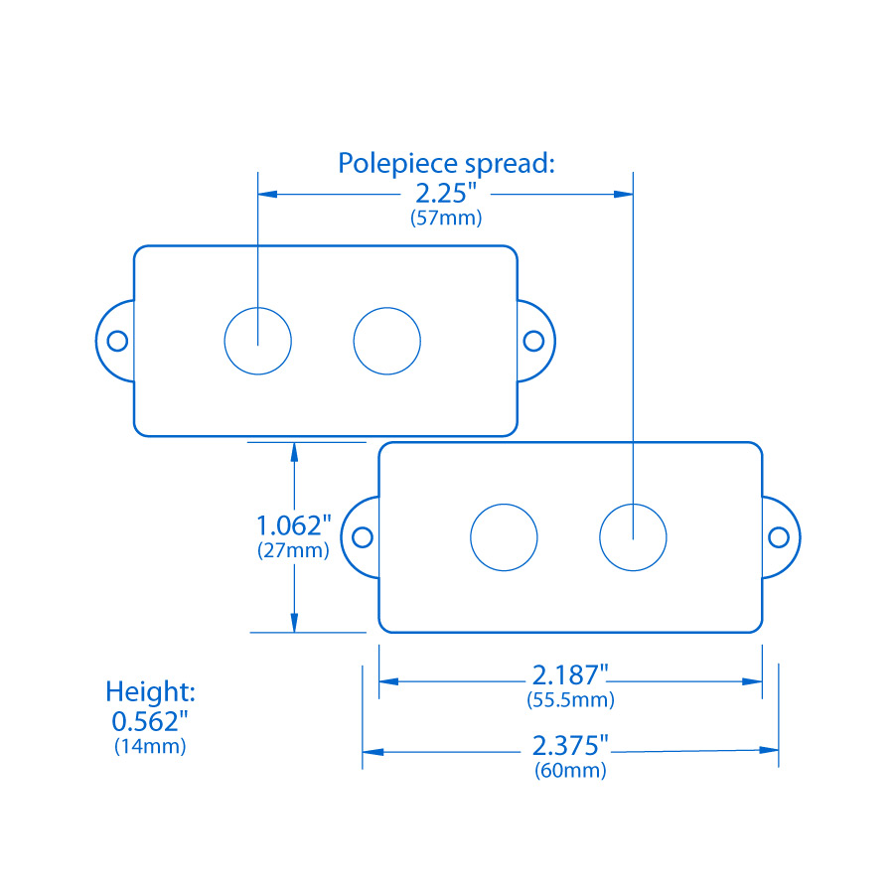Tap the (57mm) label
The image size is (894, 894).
[x=446, y=219]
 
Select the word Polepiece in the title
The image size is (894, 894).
[x=390, y=163]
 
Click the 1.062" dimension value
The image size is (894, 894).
[x=293, y=524]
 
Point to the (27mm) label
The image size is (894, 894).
[x=293, y=549]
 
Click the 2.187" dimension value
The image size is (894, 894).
[x=569, y=675]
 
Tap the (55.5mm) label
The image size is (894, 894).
[x=570, y=700]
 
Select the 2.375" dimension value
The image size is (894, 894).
[x=570, y=745]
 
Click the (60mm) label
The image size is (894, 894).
[x=570, y=770]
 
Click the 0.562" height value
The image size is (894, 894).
[x=150, y=719]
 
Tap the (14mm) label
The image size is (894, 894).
[x=150, y=746]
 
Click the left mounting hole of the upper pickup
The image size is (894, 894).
[x=118, y=341]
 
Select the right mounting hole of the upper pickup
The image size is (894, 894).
[x=533, y=341]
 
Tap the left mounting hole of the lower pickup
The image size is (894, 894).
[x=364, y=537]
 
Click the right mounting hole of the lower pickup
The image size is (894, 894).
[x=779, y=537]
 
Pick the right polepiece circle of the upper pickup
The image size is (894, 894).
[x=387, y=341]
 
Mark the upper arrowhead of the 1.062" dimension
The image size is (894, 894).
[x=294, y=451]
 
